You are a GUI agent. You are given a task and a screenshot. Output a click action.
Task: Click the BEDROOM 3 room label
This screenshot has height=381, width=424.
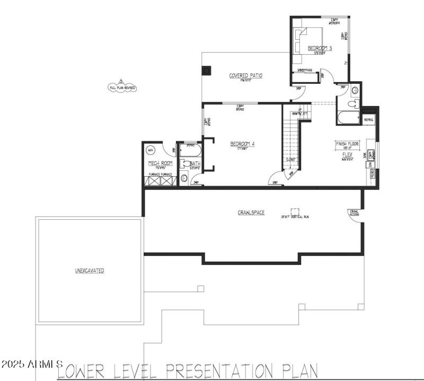[x=320, y=48]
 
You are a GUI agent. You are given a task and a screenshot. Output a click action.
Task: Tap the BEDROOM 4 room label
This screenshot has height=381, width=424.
[x=242, y=144]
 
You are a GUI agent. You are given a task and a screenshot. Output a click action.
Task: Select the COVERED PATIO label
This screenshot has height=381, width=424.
[x=245, y=75]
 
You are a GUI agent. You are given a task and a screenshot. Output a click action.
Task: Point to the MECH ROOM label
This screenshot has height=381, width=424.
[x=160, y=163]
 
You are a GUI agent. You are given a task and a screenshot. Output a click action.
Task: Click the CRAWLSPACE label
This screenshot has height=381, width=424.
[x=251, y=213]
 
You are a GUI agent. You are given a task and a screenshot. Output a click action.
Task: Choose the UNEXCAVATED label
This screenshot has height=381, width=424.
[x=89, y=271]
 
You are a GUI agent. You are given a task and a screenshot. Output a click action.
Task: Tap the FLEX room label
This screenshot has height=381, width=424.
[x=347, y=154]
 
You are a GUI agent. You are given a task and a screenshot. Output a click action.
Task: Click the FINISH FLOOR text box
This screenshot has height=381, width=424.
[x=347, y=144]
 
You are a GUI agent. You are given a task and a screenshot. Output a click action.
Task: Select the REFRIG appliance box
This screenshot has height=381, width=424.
[x=368, y=120]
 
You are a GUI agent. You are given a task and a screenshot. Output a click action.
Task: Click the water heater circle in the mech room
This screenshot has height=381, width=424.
[x=150, y=149]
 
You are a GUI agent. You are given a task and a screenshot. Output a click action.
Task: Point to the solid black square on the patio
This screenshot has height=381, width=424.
[x=206, y=70]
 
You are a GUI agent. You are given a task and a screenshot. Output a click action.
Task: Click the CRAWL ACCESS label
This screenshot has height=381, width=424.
[x=354, y=212]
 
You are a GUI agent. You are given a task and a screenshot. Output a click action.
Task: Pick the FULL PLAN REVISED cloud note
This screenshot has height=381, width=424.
[x=122, y=87]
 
